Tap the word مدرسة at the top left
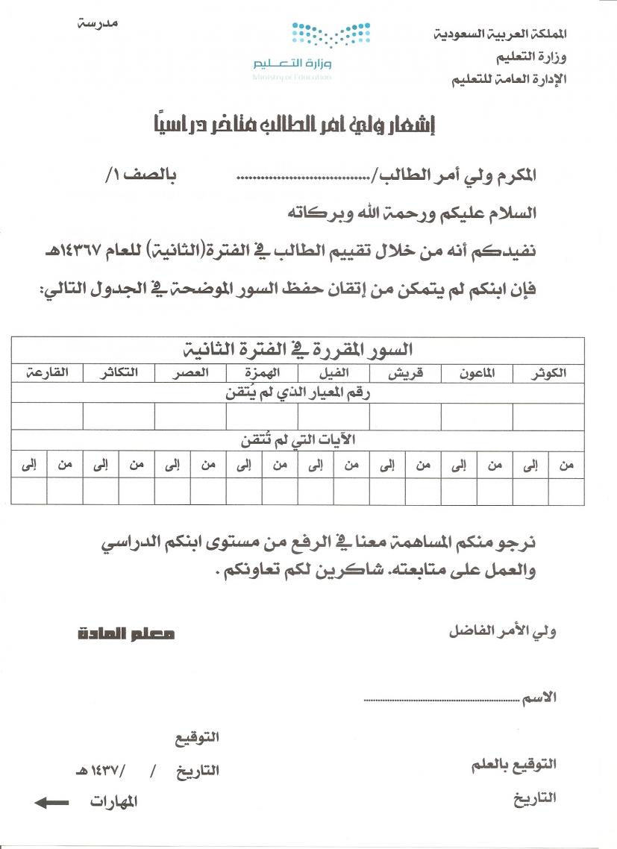tap(99, 23)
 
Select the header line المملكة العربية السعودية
tap(500, 34)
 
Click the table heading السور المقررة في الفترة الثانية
tap(298, 349)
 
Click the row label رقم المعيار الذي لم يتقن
tap(298, 393)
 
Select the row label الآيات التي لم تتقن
tap(298, 440)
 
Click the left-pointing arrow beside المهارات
tap(52, 803)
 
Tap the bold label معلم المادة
tap(127, 634)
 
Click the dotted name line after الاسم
tap(440, 701)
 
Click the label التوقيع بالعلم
tap(514, 765)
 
